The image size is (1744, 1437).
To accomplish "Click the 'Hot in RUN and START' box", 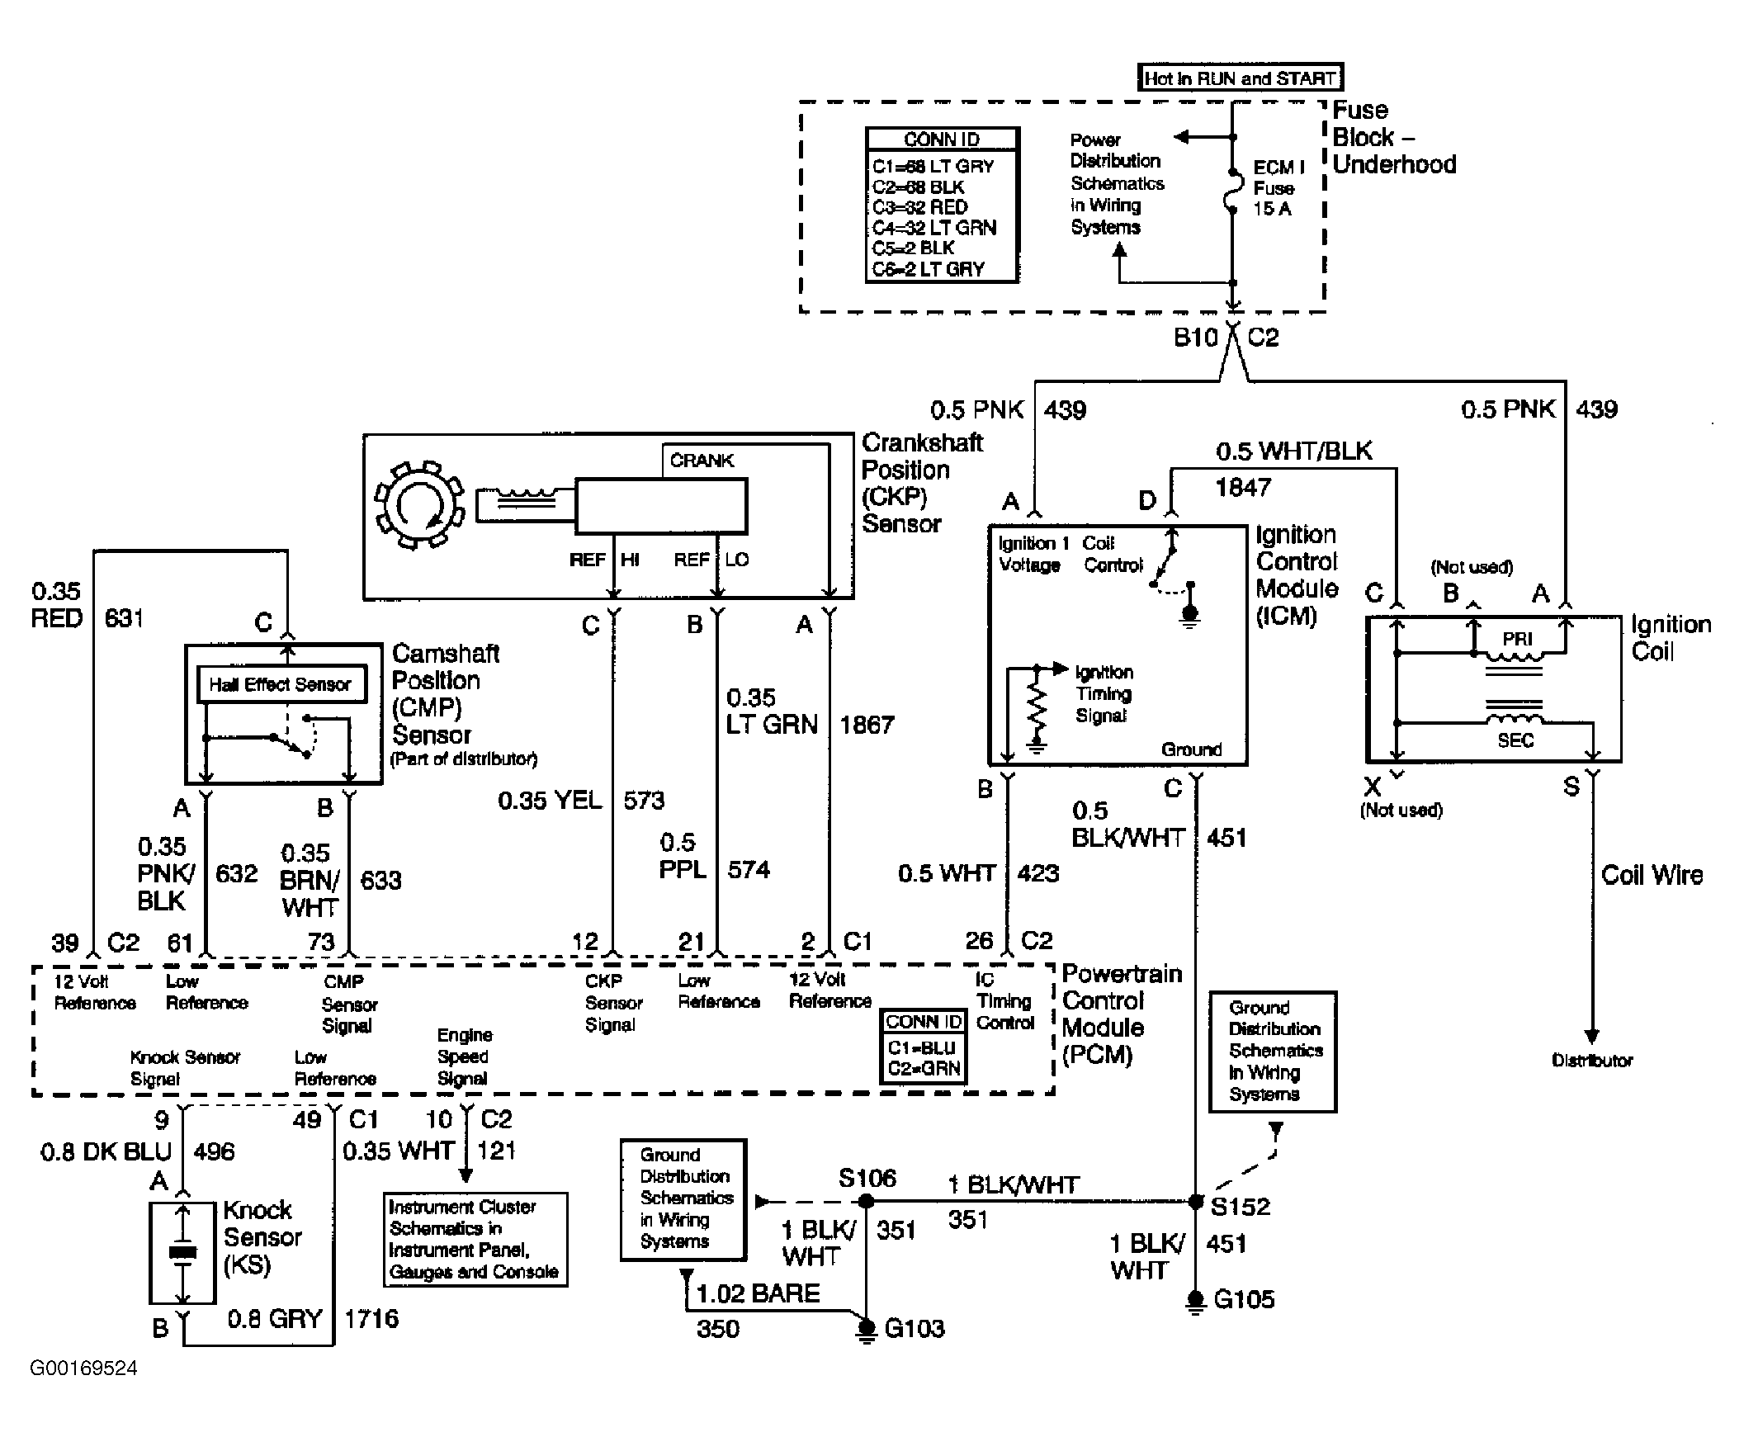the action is pos(1240,78).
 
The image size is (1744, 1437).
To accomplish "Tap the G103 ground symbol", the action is pos(866,1331).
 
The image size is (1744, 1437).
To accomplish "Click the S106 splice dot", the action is pos(866,1200).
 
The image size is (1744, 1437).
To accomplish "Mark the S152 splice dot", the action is pos(1195,1200).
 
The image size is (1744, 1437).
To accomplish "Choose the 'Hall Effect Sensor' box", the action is pos(281,684).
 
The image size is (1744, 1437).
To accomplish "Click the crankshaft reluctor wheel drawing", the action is pos(419,504).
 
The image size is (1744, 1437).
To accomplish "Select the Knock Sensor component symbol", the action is pos(183,1253).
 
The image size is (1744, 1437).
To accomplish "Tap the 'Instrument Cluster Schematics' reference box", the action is pos(475,1239).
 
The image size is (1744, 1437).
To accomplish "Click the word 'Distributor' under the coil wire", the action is pos(1591,1061).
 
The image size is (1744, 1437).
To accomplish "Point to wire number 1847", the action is pos(1242,488).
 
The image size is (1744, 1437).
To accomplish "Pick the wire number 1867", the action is pos(867,726).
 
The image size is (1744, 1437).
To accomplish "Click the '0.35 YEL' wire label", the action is pos(550,801).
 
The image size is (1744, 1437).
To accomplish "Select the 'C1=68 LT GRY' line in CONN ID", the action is pos(933,167).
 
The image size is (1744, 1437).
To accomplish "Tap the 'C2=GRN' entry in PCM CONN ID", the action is pos(924,1069).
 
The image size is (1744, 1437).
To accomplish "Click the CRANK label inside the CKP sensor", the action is pos(702,461).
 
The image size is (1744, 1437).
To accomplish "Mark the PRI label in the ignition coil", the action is pos(1517,639).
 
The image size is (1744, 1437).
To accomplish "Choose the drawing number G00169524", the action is pos(83,1368).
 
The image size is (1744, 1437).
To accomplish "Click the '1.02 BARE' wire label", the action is pos(759,1293).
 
